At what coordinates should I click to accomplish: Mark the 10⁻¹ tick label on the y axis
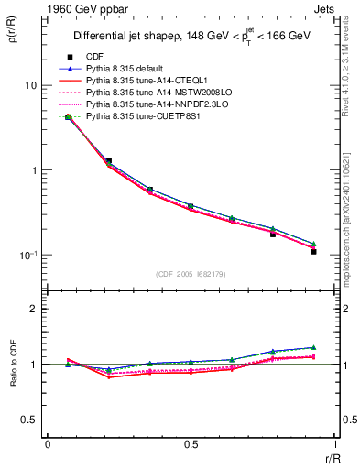pos(27,256)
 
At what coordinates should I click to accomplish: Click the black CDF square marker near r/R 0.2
pos(108,161)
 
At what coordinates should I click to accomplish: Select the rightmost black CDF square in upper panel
pos(313,251)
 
